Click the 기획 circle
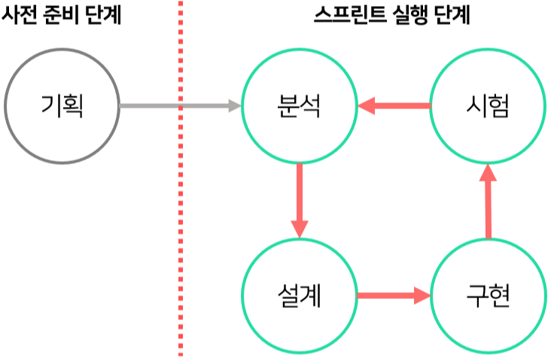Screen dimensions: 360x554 (62, 106)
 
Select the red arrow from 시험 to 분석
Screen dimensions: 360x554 (394, 106)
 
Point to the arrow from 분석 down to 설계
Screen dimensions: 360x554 (300, 200)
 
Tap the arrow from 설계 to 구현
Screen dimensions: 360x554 (394, 295)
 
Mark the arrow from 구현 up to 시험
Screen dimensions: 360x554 (488, 201)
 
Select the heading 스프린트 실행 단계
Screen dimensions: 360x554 (391, 14)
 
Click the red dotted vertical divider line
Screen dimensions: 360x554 (180, 226)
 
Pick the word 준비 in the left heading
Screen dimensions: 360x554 (61, 14)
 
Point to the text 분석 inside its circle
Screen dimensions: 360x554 (300, 107)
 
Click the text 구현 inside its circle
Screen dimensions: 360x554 (488, 295)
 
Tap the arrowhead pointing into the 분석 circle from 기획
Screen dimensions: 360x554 (234, 106)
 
